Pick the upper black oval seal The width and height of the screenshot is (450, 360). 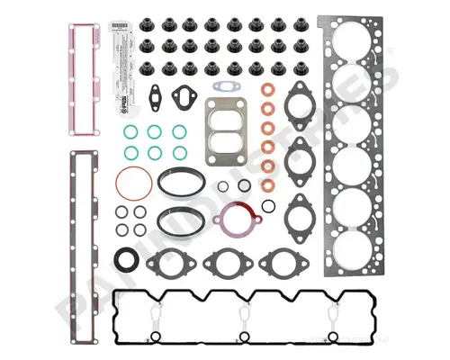pos(179,180)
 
